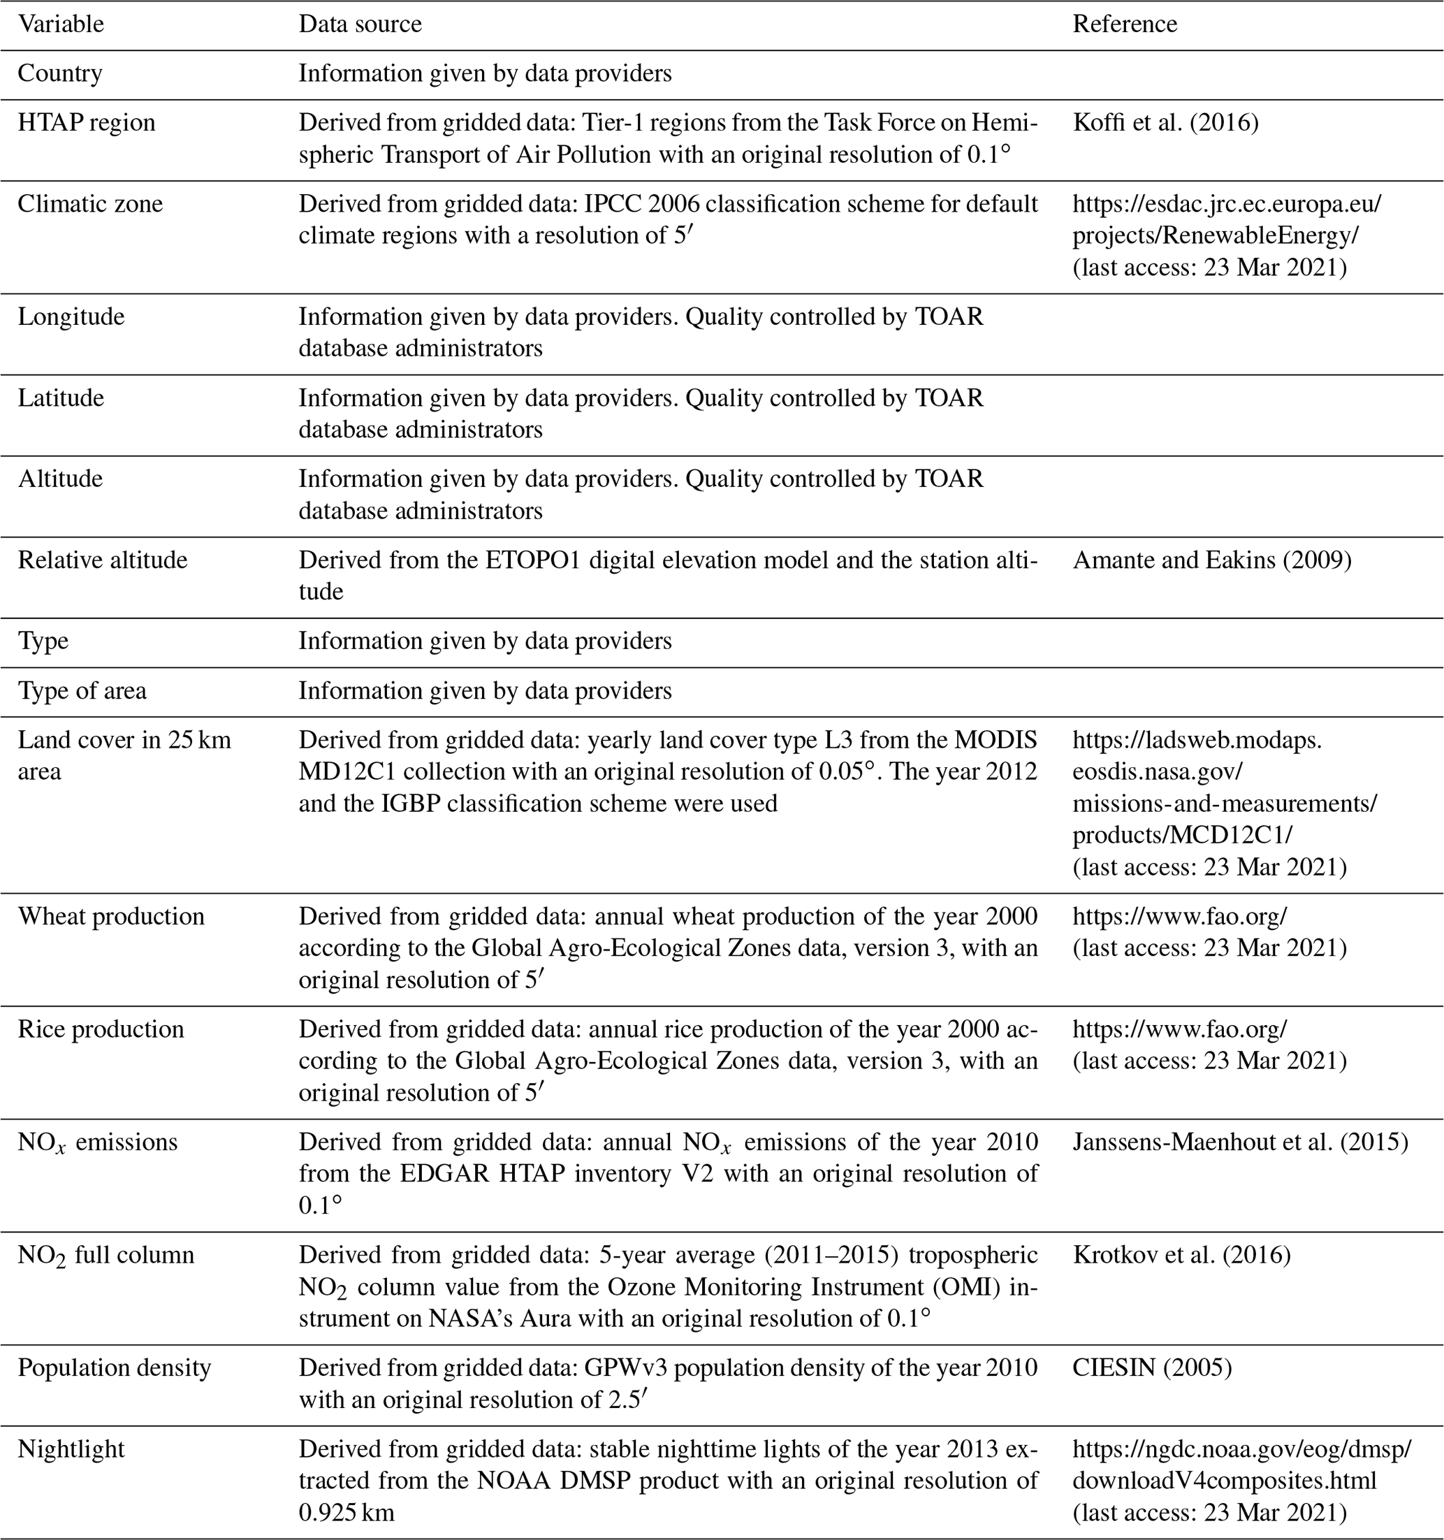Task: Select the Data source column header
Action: [x=360, y=24]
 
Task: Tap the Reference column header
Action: [x=1124, y=24]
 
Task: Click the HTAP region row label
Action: [x=86, y=122]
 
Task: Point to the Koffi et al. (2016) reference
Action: [x=1165, y=122]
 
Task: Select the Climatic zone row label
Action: [x=90, y=204]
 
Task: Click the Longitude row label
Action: [x=71, y=317]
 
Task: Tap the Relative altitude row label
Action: [x=102, y=560]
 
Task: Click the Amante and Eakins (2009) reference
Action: [x=1211, y=560]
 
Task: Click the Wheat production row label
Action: [x=111, y=917]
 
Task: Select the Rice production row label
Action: [x=101, y=1029]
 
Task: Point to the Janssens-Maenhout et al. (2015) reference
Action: [x=1239, y=1142]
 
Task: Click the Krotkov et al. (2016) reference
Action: [x=1181, y=1255]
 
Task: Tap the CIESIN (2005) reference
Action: [x=1152, y=1368]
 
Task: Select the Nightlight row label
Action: [x=71, y=1449]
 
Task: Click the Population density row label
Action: [x=114, y=1368]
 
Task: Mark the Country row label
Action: [x=59, y=73]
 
